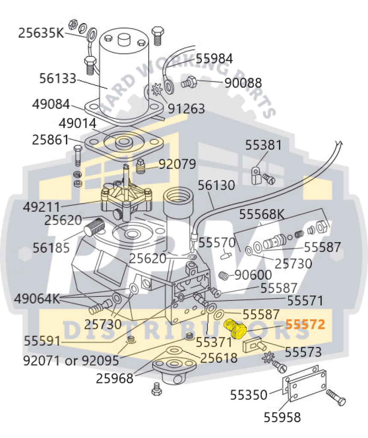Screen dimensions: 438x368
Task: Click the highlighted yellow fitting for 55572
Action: tap(234, 328)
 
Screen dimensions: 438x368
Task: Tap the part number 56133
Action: tap(58, 79)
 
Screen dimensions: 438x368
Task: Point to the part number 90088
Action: tap(243, 83)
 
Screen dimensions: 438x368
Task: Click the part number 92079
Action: tap(177, 164)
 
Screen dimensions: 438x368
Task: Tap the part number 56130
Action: tap(217, 185)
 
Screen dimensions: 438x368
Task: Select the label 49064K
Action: tap(38, 298)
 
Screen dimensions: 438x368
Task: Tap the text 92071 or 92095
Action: tap(71, 361)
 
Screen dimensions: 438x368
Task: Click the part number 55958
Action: tap(282, 416)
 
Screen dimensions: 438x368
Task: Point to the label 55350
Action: tap(249, 394)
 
